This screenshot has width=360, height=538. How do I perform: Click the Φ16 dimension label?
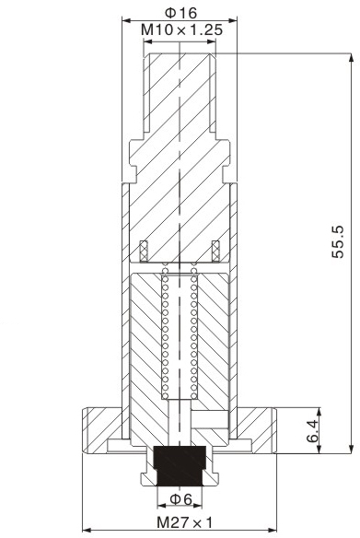(180, 13)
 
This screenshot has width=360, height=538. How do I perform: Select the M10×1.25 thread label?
(181, 30)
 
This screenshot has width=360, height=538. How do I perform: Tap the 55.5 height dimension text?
(337, 241)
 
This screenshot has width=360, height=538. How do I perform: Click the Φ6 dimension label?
(181, 499)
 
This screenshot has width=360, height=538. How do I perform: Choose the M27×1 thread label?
(184, 522)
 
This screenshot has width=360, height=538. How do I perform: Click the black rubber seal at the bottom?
(180, 466)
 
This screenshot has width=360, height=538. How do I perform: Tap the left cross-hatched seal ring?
(144, 251)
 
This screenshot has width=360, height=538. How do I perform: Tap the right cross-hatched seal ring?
(215, 251)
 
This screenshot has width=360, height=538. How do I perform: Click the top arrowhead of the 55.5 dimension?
(351, 58)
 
